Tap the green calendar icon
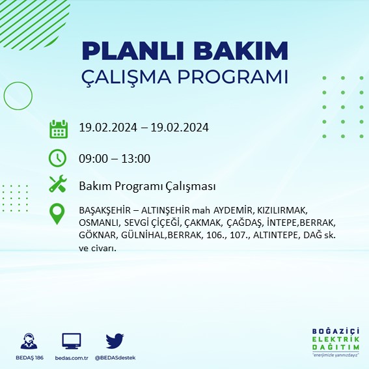tap(59, 128)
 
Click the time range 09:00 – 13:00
tap(115, 159)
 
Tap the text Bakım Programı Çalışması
tap(146, 187)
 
